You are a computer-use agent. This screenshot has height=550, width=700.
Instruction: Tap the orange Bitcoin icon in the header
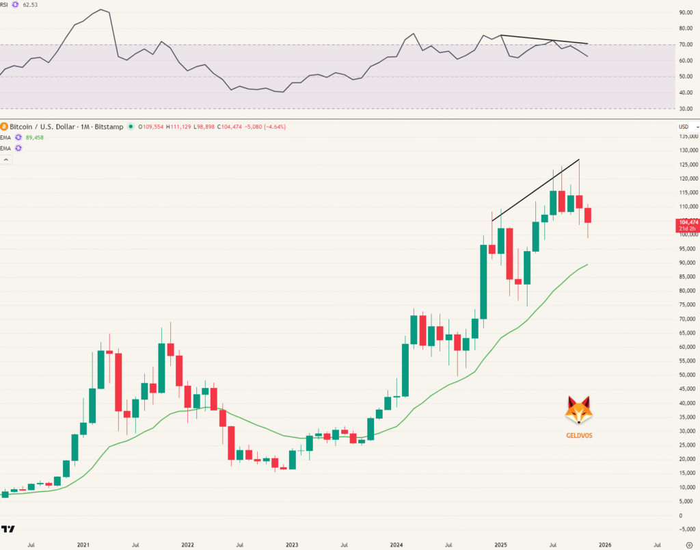pyautogui.click(x=3, y=127)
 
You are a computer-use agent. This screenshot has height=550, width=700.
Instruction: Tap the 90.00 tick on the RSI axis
pyautogui.click(x=686, y=12)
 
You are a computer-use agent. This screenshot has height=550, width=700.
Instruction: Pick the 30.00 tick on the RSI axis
pyautogui.click(x=686, y=109)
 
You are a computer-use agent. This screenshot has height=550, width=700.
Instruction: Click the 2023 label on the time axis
pyautogui.click(x=292, y=545)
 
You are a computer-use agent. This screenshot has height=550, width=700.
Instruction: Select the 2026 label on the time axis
pyautogui.click(x=605, y=545)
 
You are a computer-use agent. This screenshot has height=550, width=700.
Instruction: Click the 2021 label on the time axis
pyautogui.click(x=83, y=545)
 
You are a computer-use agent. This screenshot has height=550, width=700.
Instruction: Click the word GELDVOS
pyautogui.click(x=578, y=435)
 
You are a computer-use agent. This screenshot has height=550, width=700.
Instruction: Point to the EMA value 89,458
pyautogui.click(x=34, y=137)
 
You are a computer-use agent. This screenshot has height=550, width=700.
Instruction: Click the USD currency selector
pyautogui.click(x=686, y=127)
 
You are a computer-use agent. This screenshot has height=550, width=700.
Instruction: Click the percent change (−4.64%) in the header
pyautogui.click(x=273, y=127)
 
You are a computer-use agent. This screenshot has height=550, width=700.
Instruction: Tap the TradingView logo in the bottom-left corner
pyautogui.click(x=8, y=529)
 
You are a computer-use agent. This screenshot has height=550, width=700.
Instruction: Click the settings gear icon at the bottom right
pyautogui.click(x=689, y=545)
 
